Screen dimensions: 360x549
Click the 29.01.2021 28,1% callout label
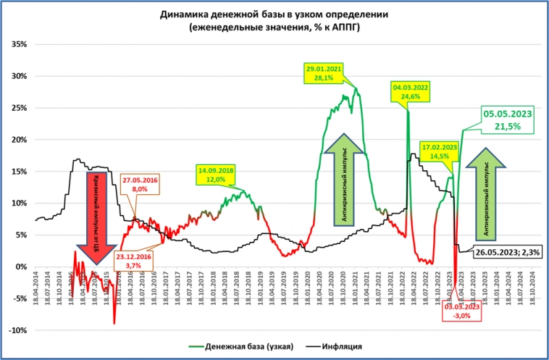coord(324,73)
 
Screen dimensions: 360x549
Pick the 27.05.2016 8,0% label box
coord(140,183)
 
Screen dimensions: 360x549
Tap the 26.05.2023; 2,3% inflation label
coord(513,252)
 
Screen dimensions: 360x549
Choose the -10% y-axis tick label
coord(18,330)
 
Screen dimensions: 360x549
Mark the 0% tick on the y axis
coord(22,267)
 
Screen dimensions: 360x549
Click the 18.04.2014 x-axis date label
coord(36,288)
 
